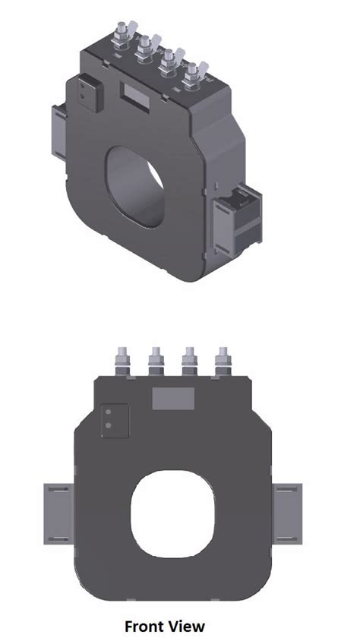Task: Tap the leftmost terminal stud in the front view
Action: coord(123,361)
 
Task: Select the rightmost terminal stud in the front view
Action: coord(223,361)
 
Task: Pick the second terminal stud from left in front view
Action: coord(156,361)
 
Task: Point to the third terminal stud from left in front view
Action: coord(189,361)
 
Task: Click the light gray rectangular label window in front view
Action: coord(173,399)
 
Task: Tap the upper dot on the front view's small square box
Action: coord(108,412)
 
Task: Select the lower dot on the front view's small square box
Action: coord(108,425)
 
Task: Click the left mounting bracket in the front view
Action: coord(58,514)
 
